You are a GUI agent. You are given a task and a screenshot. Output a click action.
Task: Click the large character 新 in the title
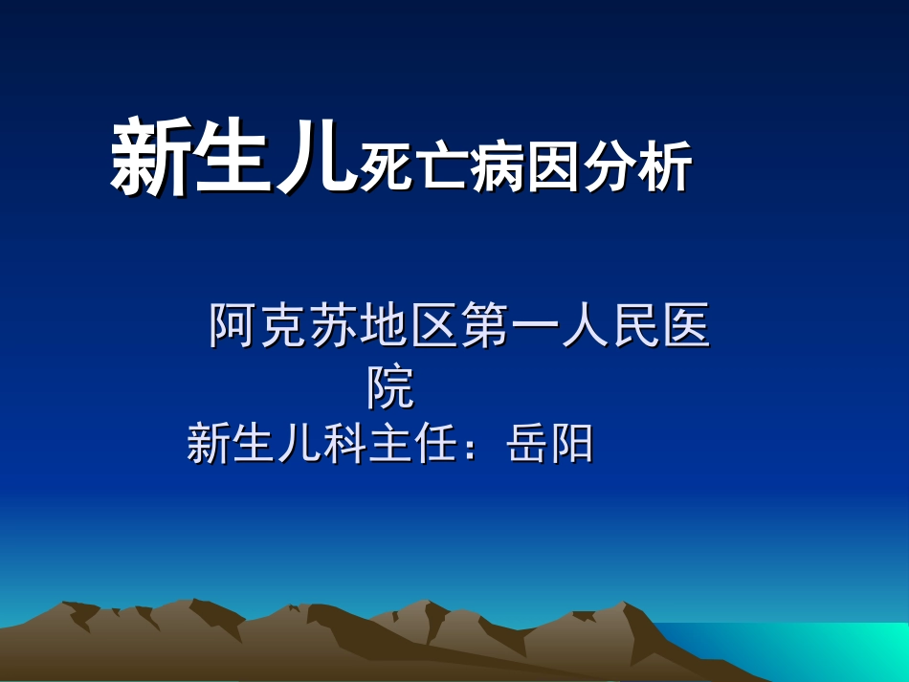coord(149,159)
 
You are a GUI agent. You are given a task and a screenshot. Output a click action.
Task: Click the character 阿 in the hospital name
coord(233,326)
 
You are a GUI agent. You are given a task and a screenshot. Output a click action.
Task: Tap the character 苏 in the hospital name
coord(334,326)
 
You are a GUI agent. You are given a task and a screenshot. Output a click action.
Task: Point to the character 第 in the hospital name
coord(484,326)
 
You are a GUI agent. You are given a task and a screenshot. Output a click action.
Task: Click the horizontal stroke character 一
coord(535,328)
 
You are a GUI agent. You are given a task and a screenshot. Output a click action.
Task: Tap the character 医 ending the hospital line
coord(685,326)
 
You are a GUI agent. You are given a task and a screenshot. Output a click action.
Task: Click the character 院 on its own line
coord(391,386)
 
